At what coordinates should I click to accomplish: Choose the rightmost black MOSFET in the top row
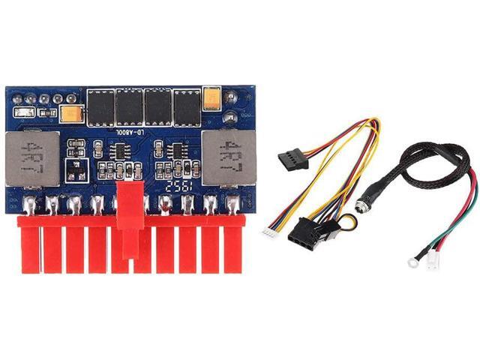[187, 106]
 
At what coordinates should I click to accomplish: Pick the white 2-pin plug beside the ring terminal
[433, 265]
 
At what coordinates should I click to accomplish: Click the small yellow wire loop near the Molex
[349, 221]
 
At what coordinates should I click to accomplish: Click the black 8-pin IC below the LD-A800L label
[118, 152]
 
